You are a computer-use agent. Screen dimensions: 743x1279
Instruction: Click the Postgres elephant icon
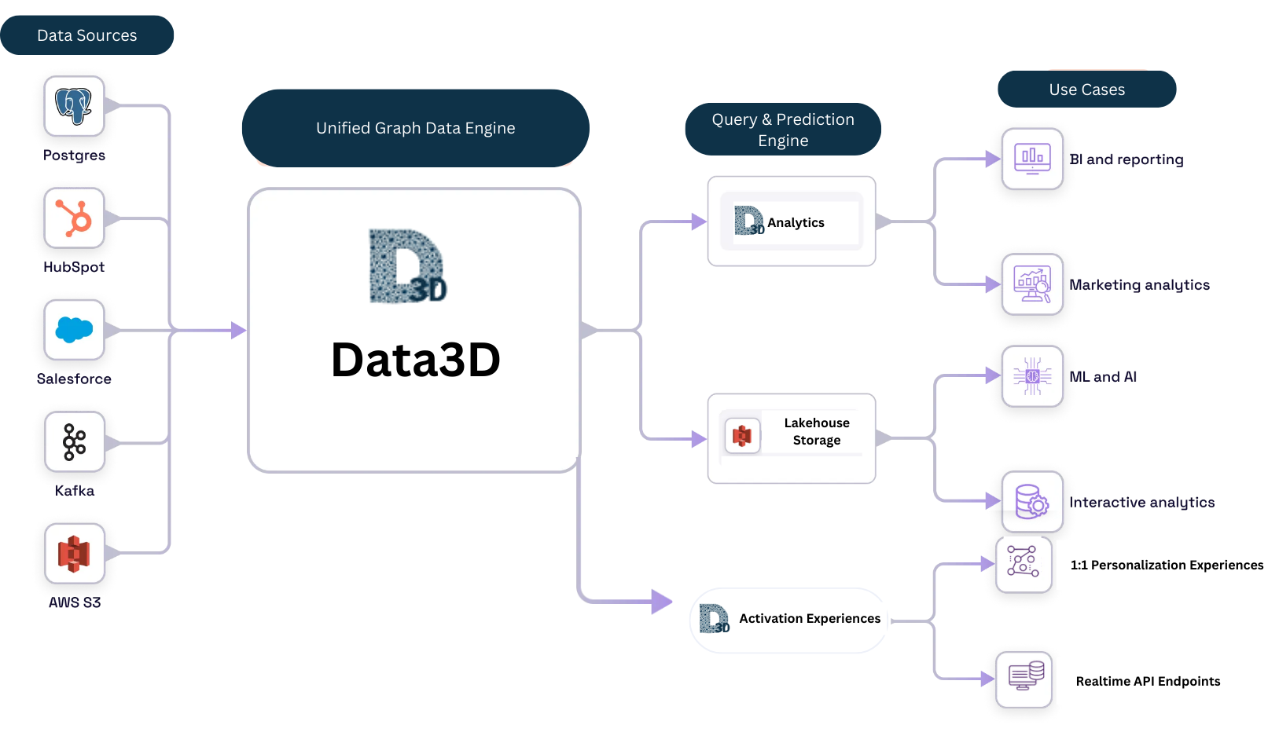pos(74,106)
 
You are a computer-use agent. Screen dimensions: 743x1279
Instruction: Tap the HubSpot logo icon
pos(74,218)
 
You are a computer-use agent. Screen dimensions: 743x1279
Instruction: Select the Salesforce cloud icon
pos(74,330)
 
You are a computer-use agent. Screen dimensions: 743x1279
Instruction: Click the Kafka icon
pos(74,441)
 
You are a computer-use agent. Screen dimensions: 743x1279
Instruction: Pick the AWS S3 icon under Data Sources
pos(74,554)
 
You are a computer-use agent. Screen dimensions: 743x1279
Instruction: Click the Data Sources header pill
pos(86,35)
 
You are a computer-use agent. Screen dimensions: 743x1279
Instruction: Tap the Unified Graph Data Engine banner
pos(415,128)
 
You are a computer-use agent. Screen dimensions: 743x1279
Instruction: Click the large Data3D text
pos(415,360)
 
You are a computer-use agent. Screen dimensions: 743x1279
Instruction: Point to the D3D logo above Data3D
pos(408,266)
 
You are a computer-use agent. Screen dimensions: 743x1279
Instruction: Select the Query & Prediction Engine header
pos(782,130)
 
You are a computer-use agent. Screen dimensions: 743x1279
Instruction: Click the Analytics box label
pos(796,223)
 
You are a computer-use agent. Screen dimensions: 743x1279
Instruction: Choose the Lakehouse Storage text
pos(816,432)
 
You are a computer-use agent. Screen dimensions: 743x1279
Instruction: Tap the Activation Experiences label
pos(809,619)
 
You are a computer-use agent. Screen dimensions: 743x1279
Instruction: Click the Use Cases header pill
pos(1086,90)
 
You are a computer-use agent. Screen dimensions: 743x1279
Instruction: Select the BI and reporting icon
pos(1032,159)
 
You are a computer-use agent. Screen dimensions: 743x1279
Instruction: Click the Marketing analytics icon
pos(1032,284)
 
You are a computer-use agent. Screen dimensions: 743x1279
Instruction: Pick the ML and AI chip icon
pos(1032,376)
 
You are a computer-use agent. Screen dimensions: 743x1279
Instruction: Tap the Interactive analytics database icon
pos(1032,502)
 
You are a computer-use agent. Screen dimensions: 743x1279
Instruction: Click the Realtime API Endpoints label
pos(1147,682)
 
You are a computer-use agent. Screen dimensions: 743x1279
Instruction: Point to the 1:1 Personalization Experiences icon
pos(1023,562)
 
